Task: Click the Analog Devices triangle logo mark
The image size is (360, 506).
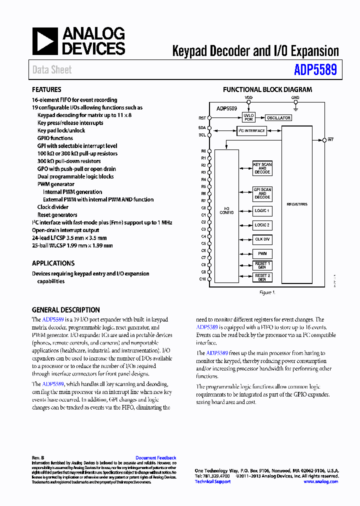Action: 45,41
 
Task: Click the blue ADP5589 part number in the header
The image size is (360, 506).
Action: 315,69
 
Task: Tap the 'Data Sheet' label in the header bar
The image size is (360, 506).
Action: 52,70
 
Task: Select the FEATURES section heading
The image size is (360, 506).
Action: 47,90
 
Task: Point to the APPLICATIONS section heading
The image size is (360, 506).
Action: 53,263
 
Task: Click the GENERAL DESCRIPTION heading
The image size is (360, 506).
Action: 65,310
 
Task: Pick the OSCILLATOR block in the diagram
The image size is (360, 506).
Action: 278,118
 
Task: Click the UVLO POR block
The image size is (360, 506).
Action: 248,117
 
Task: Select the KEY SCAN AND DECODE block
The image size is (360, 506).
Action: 262,168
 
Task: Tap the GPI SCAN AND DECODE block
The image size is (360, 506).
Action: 262,193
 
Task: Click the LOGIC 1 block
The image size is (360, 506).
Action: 262,211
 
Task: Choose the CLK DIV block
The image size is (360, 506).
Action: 262,239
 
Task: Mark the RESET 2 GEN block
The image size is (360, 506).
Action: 262,277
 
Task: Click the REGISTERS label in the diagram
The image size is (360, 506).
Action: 297,204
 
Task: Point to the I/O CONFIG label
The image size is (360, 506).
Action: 226,211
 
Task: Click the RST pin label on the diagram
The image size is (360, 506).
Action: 202,118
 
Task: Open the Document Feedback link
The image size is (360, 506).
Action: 155,458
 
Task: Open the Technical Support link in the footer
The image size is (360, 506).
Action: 212,481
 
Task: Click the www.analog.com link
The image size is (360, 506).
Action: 320,481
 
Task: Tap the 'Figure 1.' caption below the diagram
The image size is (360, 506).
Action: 267,292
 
